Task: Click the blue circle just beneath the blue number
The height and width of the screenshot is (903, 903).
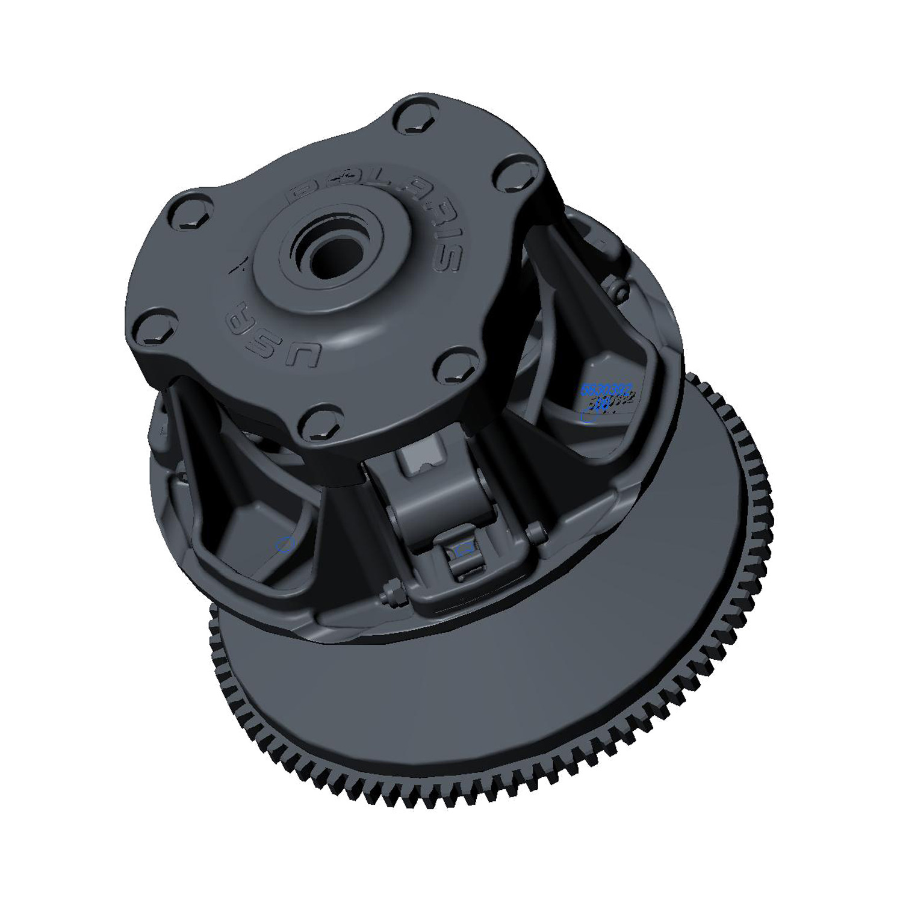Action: (x=587, y=417)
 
